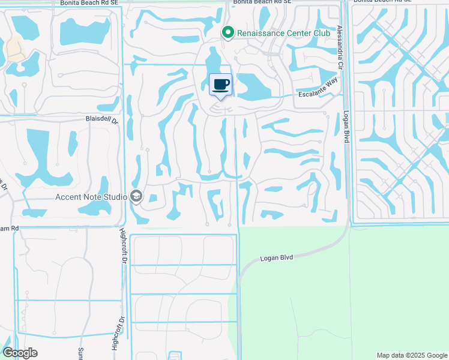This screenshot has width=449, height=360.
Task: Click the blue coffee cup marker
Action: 220,85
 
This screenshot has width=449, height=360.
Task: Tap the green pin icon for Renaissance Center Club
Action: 228,32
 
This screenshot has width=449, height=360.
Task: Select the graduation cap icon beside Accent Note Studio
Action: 136,196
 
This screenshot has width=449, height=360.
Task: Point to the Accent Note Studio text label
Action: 91,196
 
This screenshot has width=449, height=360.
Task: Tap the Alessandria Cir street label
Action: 339,47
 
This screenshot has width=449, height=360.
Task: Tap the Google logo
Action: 20,353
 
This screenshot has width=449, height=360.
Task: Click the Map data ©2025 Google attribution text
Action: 412,355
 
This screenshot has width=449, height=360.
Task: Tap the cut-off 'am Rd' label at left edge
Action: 9,228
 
